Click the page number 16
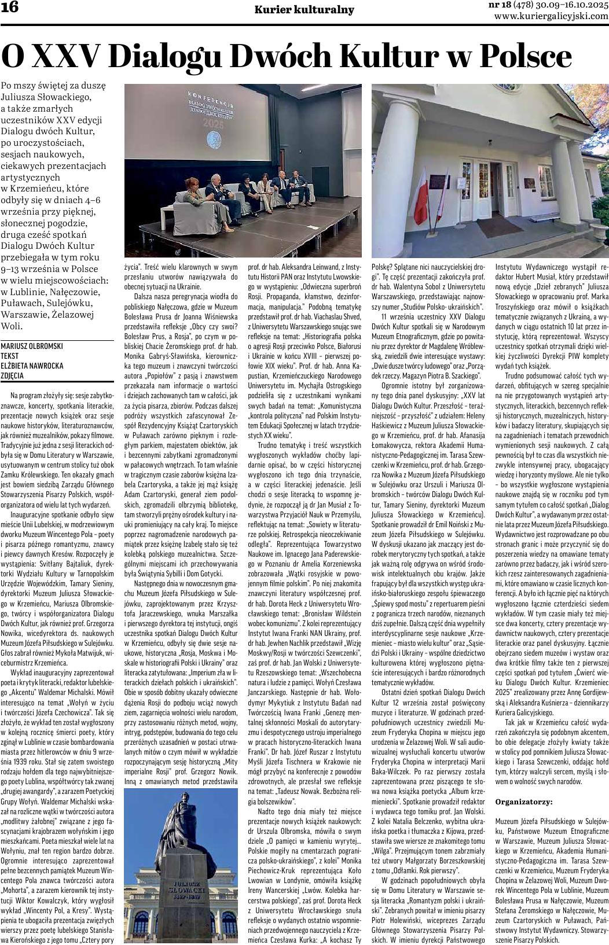pyautogui.click(x=10, y=8)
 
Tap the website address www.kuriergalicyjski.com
pyautogui.click(x=551, y=17)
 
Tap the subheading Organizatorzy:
pyautogui.click(x=524, y=801)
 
